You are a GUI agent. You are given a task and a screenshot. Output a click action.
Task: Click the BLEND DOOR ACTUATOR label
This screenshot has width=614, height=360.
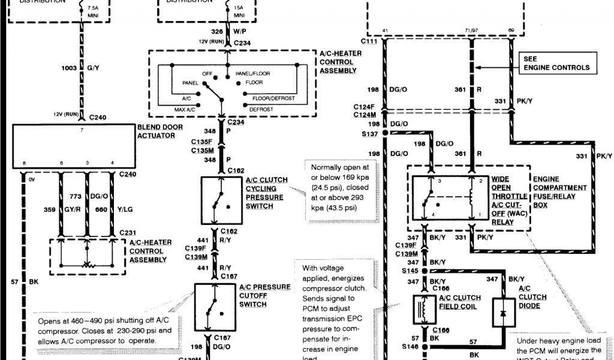156,131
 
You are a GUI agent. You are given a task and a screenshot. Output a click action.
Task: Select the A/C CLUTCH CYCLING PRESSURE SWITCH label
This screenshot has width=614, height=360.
266,193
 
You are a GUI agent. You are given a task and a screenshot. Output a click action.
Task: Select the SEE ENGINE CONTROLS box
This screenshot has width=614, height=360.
556,64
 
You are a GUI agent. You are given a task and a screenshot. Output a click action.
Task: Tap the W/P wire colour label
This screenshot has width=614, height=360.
239,31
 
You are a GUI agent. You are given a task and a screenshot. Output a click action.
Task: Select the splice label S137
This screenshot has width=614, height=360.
370,133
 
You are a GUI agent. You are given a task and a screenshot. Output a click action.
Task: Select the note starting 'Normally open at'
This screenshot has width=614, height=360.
340,191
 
